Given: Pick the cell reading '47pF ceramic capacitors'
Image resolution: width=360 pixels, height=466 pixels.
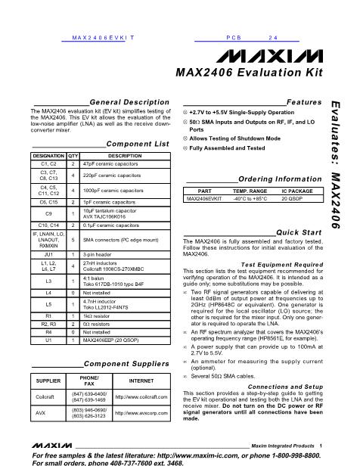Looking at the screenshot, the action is [x=110, y=163].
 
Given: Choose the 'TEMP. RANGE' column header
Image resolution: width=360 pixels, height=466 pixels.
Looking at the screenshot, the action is [x=249, y=191].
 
